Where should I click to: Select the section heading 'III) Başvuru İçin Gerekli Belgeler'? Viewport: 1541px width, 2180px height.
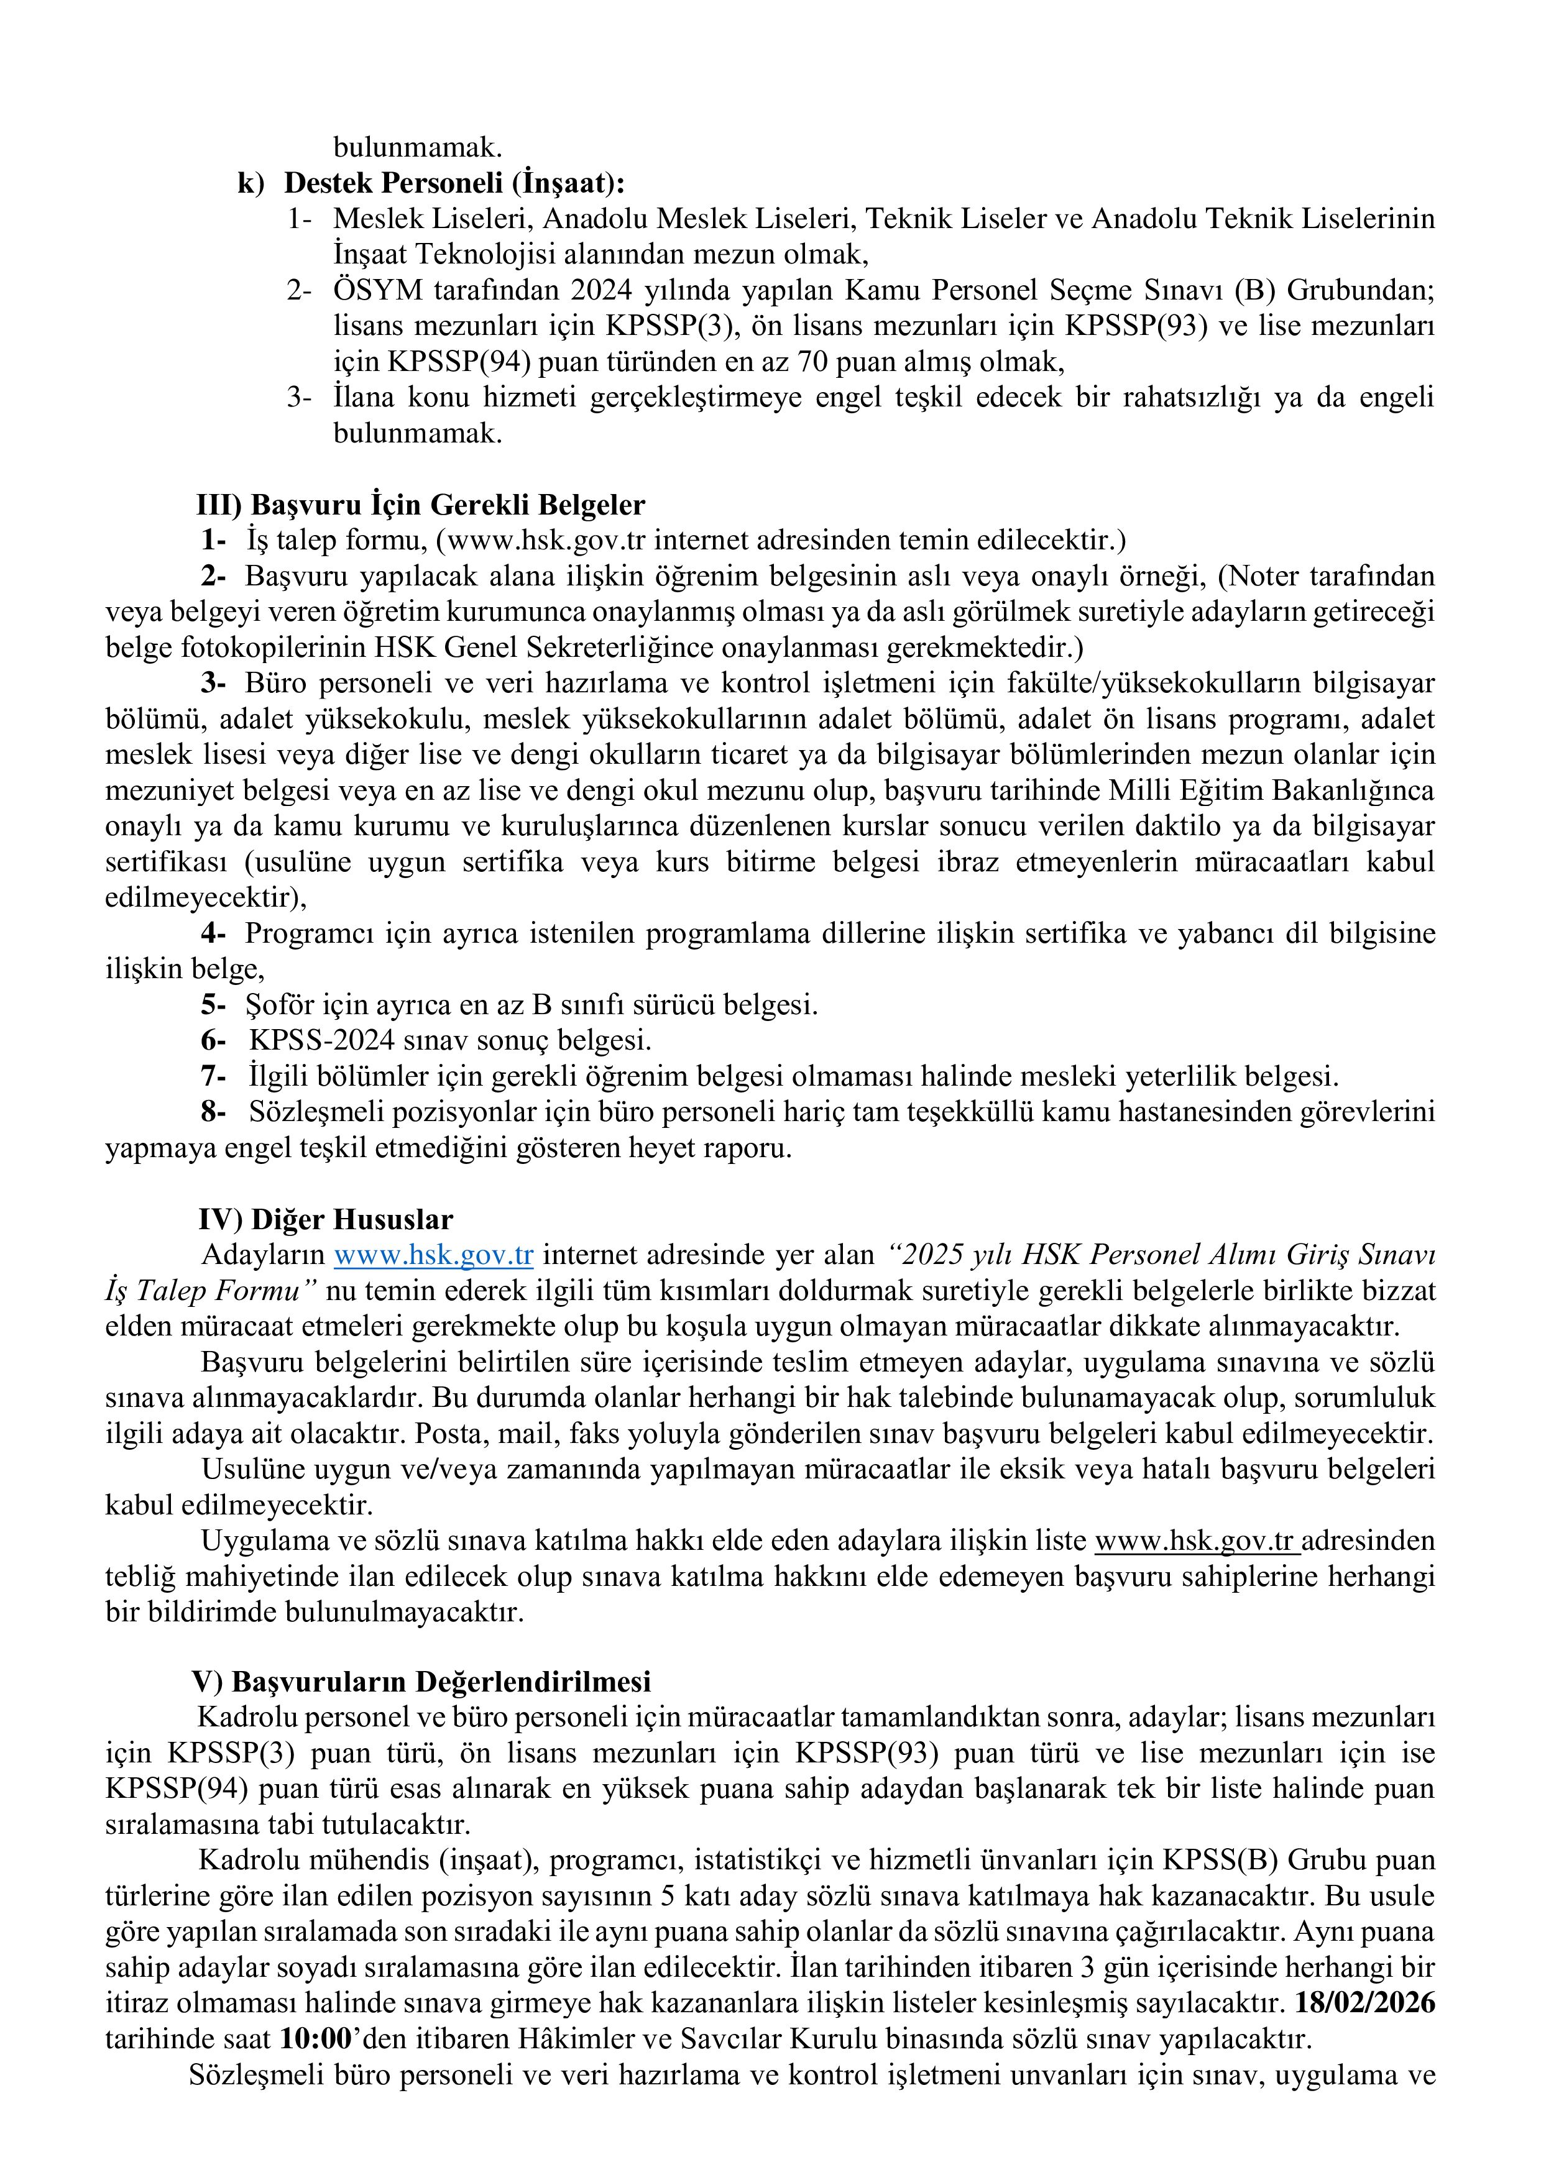[421, 505]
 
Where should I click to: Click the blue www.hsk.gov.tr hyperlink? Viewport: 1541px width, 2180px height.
[433, 1255]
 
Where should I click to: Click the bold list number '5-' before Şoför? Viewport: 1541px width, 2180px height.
[213, 1004]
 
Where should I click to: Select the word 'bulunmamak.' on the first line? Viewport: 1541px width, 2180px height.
[417, 147]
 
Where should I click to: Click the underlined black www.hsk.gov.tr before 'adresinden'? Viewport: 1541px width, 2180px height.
[1195, 1541]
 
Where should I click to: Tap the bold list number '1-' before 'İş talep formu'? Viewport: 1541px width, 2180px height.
[213, 541]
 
